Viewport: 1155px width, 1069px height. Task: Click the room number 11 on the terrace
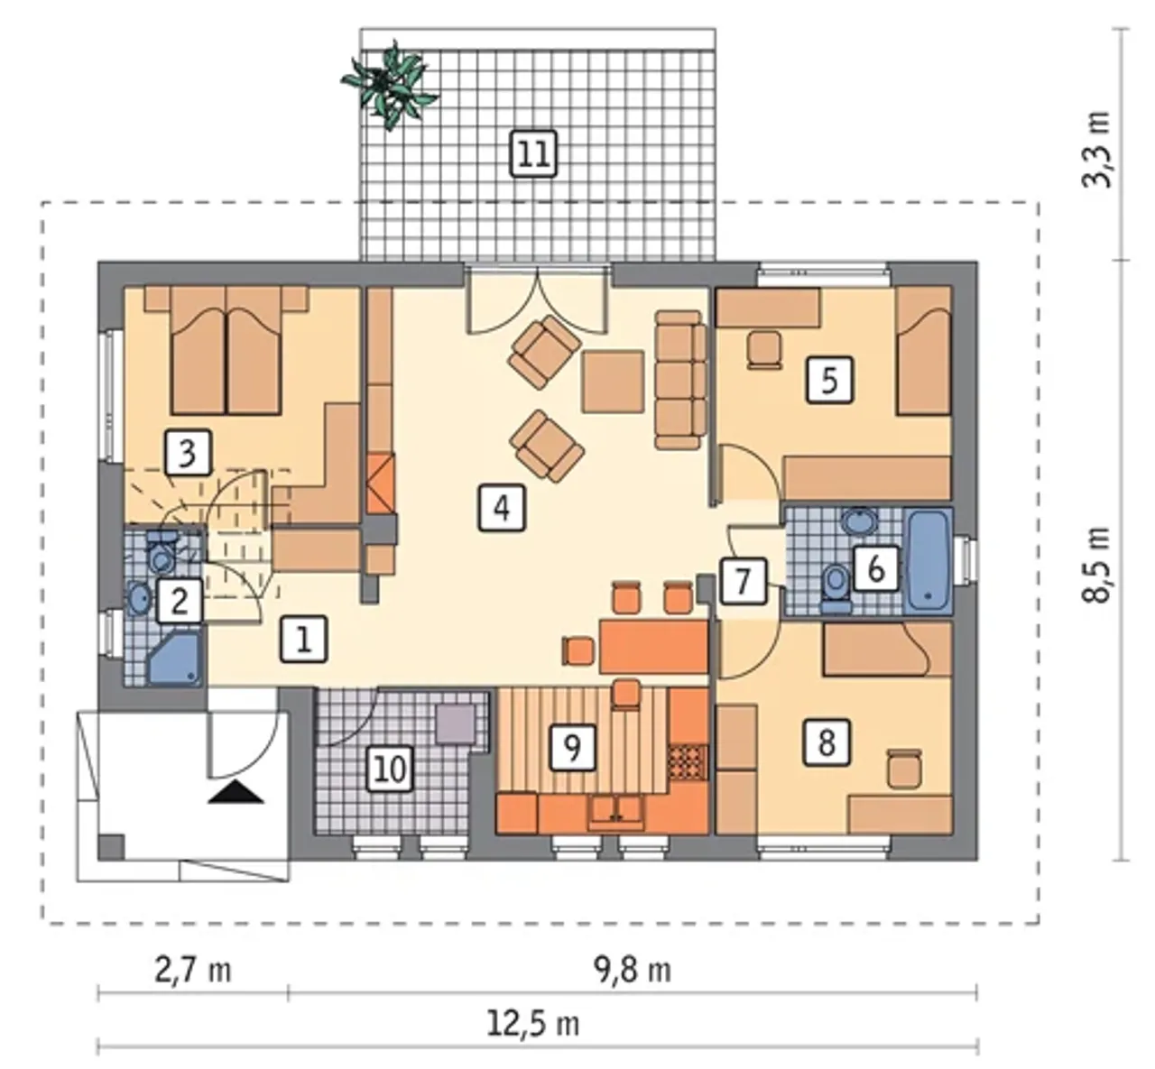(x=533, y=153)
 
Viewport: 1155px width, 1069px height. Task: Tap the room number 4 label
(x=502, y=508)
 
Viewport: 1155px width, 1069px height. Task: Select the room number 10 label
(x=391, y=770)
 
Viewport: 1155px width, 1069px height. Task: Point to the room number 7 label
(x=744, y=580)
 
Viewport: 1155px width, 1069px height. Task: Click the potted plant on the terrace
(x=389, y=85)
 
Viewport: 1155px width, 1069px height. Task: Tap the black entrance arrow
(x=236, y=793)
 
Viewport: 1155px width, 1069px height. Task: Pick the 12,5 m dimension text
(x=532, y=1024)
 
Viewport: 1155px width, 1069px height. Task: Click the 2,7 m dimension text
(x=193, y=971)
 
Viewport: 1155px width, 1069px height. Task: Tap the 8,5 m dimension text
(x=1096, y=565)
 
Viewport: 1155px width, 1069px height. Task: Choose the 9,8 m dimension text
(x=633, y=971)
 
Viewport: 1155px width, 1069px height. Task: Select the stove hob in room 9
(x=688, y=762)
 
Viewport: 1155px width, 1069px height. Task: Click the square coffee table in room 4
(x=613, y=382)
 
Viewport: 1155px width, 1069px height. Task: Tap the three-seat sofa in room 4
(x=679, y=380)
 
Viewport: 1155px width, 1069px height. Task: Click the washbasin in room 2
(x=138, y=596)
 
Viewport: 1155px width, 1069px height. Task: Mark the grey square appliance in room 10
(x=456, y=723)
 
